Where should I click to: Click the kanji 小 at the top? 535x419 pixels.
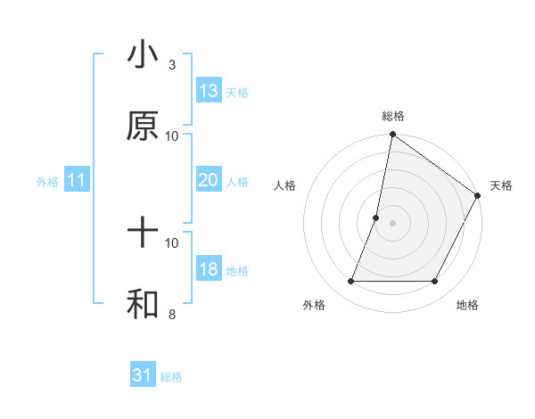143,56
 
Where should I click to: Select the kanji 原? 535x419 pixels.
143,127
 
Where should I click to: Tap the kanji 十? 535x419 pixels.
143,234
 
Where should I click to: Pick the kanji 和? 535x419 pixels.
143,305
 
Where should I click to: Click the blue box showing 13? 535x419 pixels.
209,91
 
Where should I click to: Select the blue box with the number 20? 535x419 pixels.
209,180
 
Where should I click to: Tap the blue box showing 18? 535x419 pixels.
209,270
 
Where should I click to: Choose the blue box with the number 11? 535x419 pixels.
77,181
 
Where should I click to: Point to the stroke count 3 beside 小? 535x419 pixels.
172,65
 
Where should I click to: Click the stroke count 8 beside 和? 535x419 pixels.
172,314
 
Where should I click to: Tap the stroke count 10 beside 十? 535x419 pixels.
172,242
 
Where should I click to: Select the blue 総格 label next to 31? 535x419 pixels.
171,377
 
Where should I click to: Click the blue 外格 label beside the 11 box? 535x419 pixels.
47,182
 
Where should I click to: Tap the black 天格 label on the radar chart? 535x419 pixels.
501,186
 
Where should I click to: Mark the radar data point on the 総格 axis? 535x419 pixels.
392,136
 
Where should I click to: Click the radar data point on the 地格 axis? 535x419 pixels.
435,282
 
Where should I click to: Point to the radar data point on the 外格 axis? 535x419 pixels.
350,282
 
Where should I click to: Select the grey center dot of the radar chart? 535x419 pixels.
392,223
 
